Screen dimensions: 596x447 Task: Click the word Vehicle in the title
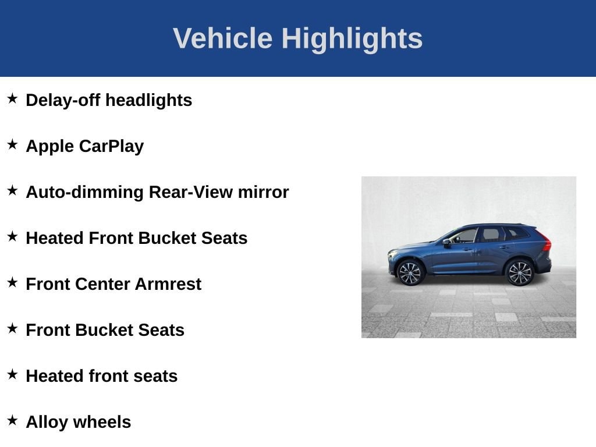tap(223, 38)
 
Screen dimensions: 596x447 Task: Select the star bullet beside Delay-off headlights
tap(13, 98)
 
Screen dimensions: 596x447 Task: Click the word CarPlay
tap(111, 147)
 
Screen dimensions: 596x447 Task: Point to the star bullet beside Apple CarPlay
tap(13, 144)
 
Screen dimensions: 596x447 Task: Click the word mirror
tap(264, 192)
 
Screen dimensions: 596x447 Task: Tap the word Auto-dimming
tap(85, 192)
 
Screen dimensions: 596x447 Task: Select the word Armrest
tap(168, 284)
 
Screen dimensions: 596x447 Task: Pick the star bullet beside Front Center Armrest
tap(13, 282)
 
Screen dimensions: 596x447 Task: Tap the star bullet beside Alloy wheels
tap(13, 420)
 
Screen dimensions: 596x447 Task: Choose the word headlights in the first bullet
tap(148, 101)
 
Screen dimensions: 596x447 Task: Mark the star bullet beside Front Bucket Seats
tap(13, 328)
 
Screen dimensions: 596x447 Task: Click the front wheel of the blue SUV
tap(410, 273)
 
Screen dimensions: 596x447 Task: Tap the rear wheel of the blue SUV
tap(520, 272)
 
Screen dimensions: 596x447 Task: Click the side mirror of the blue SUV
tap(446, 242)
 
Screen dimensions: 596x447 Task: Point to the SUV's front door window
tap(464, 236)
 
